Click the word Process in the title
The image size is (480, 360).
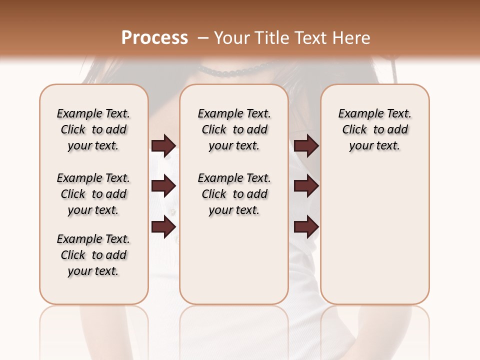click(154, 38)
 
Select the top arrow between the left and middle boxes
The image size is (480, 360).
click(163, 146)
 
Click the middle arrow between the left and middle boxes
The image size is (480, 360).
click(163, 186)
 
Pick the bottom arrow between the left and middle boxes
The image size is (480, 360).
click(163, 227)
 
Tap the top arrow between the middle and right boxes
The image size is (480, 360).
click(306, 146)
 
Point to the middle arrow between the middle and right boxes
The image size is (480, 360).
click(306, 186)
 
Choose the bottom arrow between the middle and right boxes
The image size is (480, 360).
click(306, 227)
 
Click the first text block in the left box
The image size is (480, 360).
click(93, 129)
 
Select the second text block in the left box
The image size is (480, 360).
click(93, 194)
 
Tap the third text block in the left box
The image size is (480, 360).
click(93, 255)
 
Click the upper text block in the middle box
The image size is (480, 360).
click(234, 129)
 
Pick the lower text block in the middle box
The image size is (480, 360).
click(234, 194)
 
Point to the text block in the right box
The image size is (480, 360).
click(375, 129)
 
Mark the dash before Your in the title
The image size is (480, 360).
click(203, 38)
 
